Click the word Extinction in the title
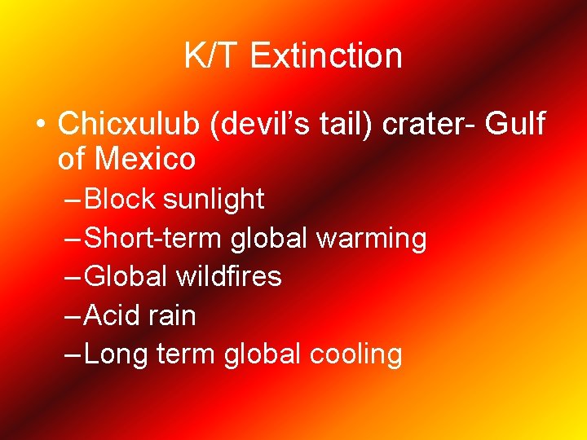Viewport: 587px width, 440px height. pyautogui.click(x=326, y=56)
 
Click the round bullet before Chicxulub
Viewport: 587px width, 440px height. pyautogui.click(x=38, y=124)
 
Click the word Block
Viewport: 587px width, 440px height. pyautogui.click(x=120, y=199)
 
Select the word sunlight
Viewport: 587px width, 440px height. pyautogui.click(x=214, y=199)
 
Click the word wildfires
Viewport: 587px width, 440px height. pyautogui.click(x=229, y=277)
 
